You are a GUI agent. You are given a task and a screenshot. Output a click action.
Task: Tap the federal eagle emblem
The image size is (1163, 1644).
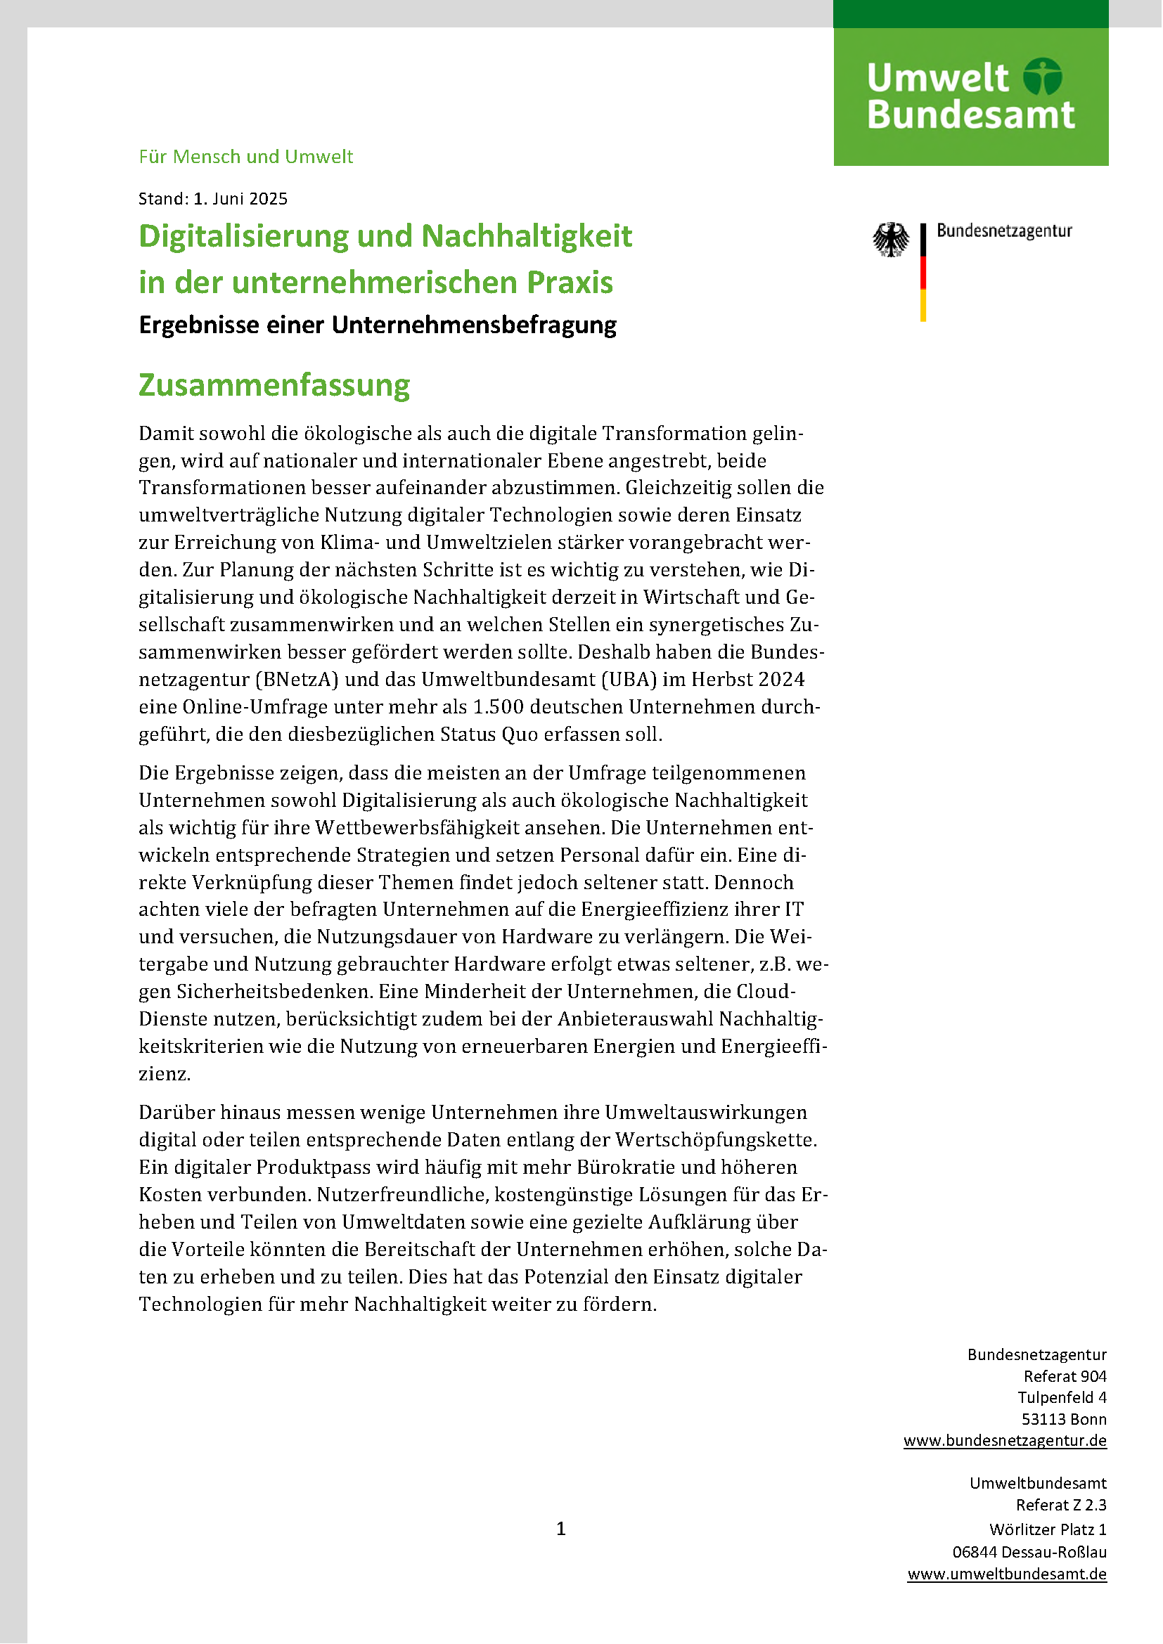[x=890, y=239]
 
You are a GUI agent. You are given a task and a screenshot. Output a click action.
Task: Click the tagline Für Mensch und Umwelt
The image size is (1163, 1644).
[x=245, y=157]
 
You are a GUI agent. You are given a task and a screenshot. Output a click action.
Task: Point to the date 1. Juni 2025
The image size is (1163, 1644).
[x=240, y=199]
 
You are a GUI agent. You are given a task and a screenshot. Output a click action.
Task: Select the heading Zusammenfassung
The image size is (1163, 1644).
[x=274, y=385]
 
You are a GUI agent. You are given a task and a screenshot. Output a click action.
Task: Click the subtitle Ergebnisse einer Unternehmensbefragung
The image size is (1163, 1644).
[x=378, y=325]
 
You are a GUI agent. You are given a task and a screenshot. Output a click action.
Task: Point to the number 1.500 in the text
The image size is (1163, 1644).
[x=499, y=706]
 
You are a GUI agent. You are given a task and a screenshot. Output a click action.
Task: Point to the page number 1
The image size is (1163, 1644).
[x=560, y=1529]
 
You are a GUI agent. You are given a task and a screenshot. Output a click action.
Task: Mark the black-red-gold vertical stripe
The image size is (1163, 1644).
[x=923, y=272]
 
